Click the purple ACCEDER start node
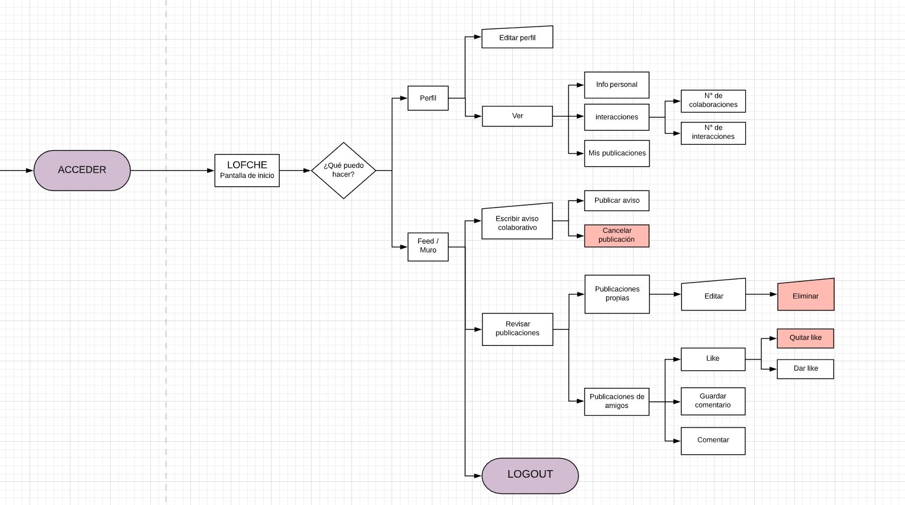pos(82,170)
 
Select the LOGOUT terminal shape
pos(530,475)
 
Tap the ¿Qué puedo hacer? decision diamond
pos(344,170)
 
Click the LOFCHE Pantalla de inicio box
pos(247,170)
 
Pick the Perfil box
pos(428,98)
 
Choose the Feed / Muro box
pos(428,246)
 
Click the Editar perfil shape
pos(517,38)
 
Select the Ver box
pos(517,116)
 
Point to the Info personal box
pos(616,85)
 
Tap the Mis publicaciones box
pos(616,153)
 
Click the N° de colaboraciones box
pos(713,101)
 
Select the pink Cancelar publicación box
pos(616,235)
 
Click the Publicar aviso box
pos(616,200)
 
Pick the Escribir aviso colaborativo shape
pos(517,223)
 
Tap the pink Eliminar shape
pos(805,296)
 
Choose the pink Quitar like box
pos(805,338)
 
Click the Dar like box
pos(805,368)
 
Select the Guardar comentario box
pos(713,401)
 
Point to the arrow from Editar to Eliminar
pos(761,294)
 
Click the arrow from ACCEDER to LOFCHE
pos(172,171)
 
